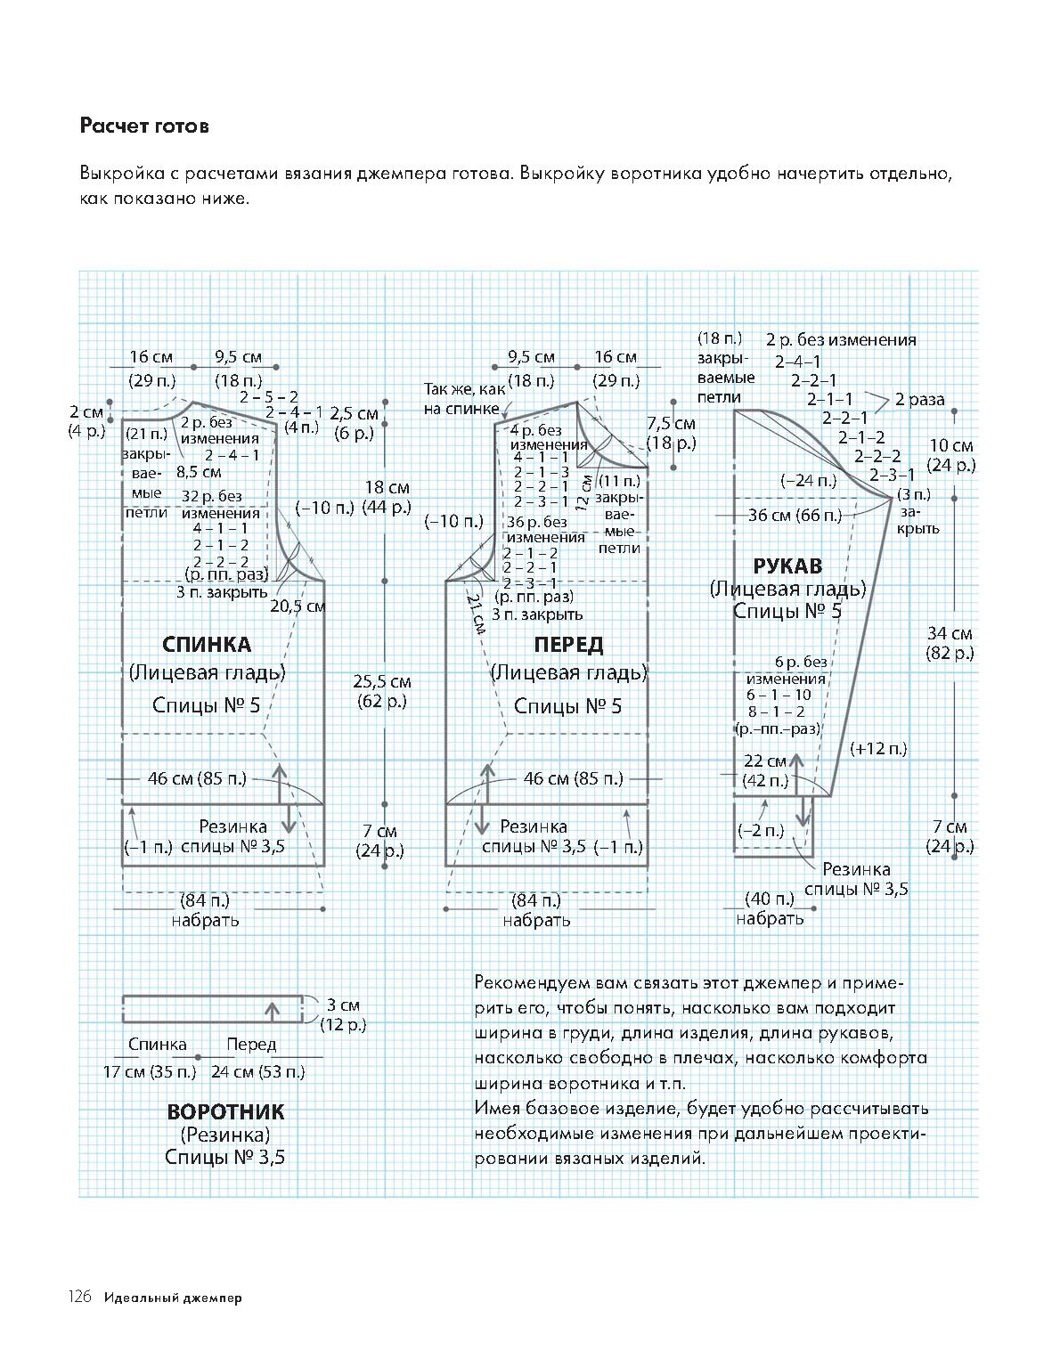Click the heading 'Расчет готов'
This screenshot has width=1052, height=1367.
[x=144, y=126]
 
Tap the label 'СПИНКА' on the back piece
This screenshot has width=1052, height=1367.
[x=207, y=644]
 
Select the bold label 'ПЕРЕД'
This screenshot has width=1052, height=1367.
[x=568, y=644]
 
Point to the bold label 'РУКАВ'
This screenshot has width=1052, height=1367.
[x=787, y=566]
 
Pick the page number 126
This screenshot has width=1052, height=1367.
[x=79, y=1298]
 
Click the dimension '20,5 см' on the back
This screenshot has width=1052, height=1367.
[x=298, y=606]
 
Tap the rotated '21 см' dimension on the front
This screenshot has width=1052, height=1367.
[x=476, y=614]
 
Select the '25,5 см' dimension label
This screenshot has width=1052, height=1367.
[x=382, y=681]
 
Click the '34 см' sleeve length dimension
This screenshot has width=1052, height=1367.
[x=950, y=633]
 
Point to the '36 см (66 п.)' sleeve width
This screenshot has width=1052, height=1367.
[x=795, y=516]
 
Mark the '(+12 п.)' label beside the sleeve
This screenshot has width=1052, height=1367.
[x=878, y=749]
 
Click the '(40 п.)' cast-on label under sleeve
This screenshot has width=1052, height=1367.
[x=770, y=899]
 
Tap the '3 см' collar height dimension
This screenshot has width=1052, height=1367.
[x=343, y=1005]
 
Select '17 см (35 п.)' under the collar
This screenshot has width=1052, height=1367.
[x=150, y=1071]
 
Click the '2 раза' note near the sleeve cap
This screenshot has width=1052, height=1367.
[x=919, y=400]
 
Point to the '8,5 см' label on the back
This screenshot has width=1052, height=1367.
[x=198, y=472]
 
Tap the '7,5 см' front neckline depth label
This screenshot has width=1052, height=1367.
[x=671, y=423]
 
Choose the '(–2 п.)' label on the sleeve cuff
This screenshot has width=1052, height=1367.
[x=761, y=830]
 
